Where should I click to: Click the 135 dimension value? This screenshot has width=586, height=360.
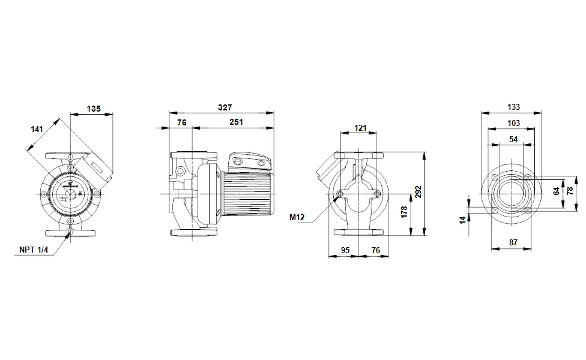[93, 109]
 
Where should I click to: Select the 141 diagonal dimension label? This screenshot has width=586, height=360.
[37, 129]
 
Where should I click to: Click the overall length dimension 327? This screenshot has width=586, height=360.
[223, 107]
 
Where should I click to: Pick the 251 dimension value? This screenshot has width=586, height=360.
[235, 122]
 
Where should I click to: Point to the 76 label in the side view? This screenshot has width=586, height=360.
[181, 122]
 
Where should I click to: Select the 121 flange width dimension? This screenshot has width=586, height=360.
[360, 128]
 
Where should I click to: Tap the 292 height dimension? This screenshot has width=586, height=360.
[418, 191]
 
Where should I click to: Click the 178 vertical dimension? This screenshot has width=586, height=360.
[404, 211]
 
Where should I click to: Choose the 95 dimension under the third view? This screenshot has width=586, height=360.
[345, 250]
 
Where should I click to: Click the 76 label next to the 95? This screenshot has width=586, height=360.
[375, 250]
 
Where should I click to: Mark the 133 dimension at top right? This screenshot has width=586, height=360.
[513, 107]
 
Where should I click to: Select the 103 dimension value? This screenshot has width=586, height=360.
[513, 123]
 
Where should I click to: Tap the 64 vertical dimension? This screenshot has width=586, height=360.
[557, 191]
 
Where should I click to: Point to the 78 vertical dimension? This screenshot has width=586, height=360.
[571, 191]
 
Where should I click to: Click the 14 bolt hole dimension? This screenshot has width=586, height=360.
[462, 220]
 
